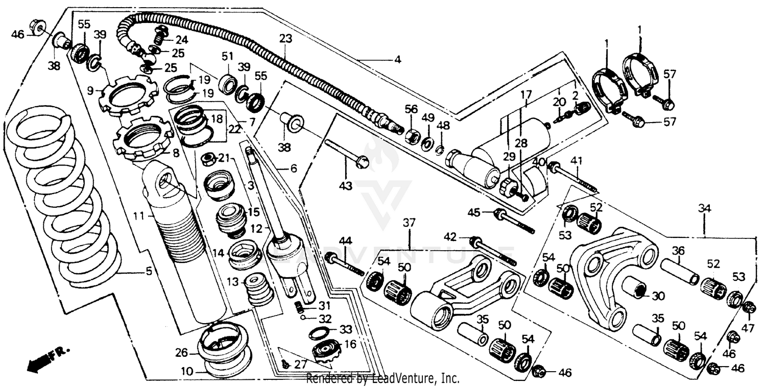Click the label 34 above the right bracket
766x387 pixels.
pyautogui.click(x=704, y=208)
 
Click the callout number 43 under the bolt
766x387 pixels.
pyautogui.click(x=346, y=186)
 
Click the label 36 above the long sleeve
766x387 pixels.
pyautogui.click(x=678, y=251)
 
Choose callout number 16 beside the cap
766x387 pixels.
pyautogui.click(x=350, y=344)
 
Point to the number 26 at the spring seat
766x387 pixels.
pyautogui.click(x=182, y=353)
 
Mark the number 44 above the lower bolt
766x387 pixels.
pyautogui.click(x=346, y=240)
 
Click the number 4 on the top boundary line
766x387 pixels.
pyautogui.click(x=397, y=60)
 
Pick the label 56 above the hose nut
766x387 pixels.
pyautogui.click(x=411, y=109)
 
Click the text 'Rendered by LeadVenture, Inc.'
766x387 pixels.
pyautogui.click(x=382, y=379)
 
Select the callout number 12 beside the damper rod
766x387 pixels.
pyautogui.click(x=256, y=227)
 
